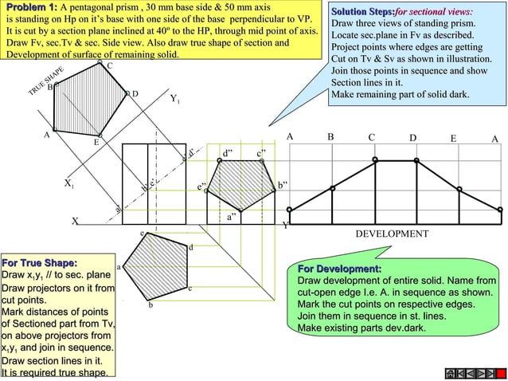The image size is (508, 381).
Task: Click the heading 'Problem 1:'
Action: click(29, 7)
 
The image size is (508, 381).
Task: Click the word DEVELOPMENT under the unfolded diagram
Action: click(391, 234)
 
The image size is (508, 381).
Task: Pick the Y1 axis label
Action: click(175, 100)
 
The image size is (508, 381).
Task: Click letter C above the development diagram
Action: click(372, 138)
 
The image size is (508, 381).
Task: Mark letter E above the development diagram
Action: click(452, 139)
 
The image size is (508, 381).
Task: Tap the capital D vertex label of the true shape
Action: click(135, 94)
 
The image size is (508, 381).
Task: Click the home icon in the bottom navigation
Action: click(451, 372)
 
